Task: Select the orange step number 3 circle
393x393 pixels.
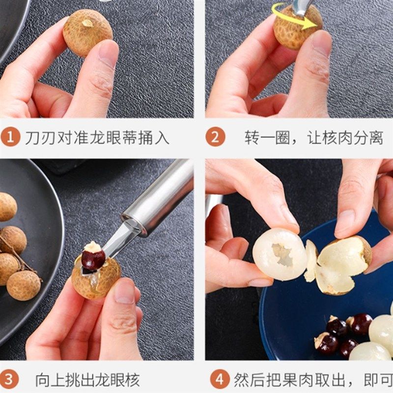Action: click(x=10, y=380)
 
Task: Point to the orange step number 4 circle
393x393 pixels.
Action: click(x=220, y=380)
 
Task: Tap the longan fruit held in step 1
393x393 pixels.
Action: click(x=87, y=32)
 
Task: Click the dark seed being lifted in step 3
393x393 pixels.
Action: click(x=93, y=259)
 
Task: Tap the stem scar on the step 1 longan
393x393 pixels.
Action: click(x=88, y=23)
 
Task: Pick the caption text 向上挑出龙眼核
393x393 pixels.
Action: click(x=87, y=380)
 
